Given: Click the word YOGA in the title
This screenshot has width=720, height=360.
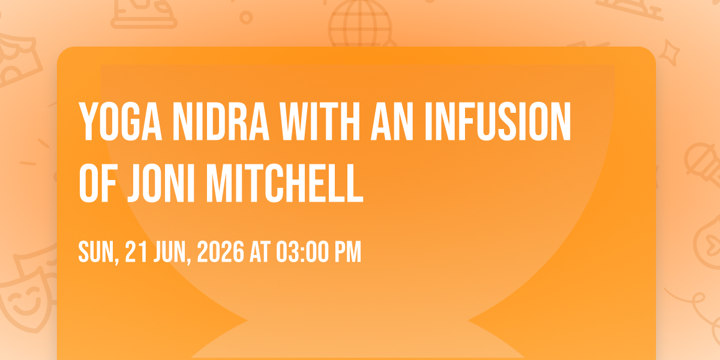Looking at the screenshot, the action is [x=121, y=121].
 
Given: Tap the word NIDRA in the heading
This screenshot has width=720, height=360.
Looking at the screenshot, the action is [x=221, y=121].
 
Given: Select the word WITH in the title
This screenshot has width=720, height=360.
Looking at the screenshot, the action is [x=320, y=121].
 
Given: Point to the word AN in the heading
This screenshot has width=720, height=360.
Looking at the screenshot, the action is [x=392, y=121].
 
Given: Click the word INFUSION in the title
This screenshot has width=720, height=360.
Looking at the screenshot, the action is [x=498, y=121].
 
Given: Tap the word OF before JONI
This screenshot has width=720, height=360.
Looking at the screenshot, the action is [x=98, y=183].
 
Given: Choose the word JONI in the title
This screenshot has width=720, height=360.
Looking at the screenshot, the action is [x=161, y=183].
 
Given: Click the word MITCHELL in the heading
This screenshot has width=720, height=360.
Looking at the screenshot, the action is [x=284, y=183].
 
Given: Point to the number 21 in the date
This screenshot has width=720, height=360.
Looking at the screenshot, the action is [x=136, y=251].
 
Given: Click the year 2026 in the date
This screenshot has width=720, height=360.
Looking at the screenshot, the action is [x=221, y=251].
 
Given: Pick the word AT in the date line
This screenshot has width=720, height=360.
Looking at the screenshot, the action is [x=260, y=251].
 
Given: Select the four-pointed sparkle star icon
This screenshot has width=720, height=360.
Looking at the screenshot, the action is [x=669, y=53].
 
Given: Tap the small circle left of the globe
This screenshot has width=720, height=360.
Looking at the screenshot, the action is [x=246, y=17].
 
